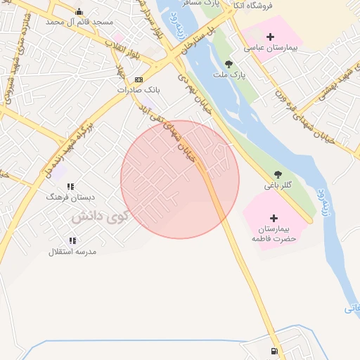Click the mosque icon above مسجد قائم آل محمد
(x=78, y=11)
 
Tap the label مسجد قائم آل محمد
(x=79, y=22)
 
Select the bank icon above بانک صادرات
(x=139, y=79)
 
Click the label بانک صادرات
(x=139, y=90)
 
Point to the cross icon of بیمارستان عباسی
(x=270, y=36)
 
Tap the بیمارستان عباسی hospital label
(x=271, y=49)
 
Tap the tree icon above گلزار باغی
(x=278, y=174)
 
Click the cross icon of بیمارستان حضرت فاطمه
(x=274, y=217)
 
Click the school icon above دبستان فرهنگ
(x=70, y=187)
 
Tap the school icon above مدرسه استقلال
(x=72, y=241)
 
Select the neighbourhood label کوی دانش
(x=98, y=217)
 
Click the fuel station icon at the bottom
(x=273, y=351)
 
